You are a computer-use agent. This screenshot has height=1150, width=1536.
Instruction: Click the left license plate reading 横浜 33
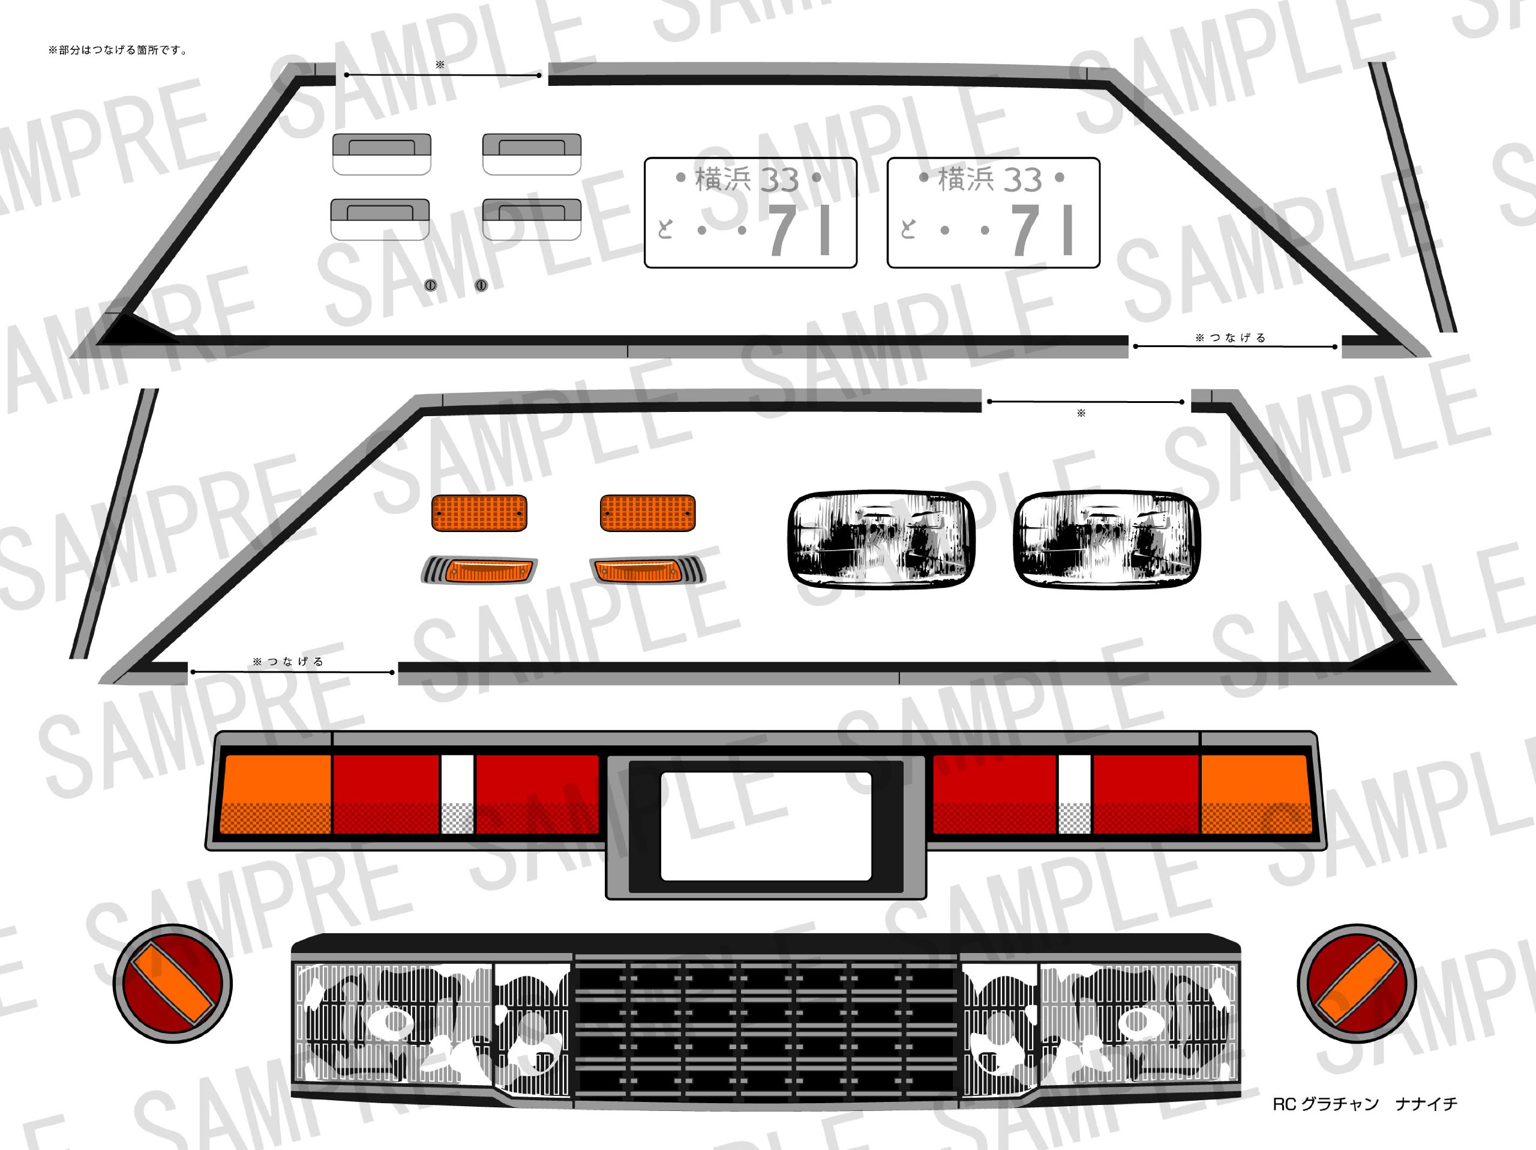(x=750, y=213)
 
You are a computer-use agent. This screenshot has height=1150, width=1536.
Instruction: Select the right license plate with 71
(x=993, y=213)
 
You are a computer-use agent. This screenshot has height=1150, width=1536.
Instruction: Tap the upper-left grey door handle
(x=382, y=154)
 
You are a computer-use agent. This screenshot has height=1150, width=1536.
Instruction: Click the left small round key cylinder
(x=431, y=285)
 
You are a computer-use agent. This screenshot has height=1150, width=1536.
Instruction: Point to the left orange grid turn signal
(x=479, y=513)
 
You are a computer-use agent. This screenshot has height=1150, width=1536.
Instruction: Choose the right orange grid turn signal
(x=647, y=513)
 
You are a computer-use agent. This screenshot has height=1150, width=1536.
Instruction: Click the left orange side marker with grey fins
(x=479, y=570)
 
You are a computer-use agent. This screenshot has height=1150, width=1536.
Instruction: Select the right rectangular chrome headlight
(x=1107, y=539)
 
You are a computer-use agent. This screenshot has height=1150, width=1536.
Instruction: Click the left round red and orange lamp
(x=173, y=983)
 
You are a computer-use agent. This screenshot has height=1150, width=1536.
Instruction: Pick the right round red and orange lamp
(x=1357, y=983)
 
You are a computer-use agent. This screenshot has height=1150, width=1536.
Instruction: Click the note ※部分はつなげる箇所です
(x=118, y=50)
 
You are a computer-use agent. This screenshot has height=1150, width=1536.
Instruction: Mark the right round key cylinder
(x=481, y=285)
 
